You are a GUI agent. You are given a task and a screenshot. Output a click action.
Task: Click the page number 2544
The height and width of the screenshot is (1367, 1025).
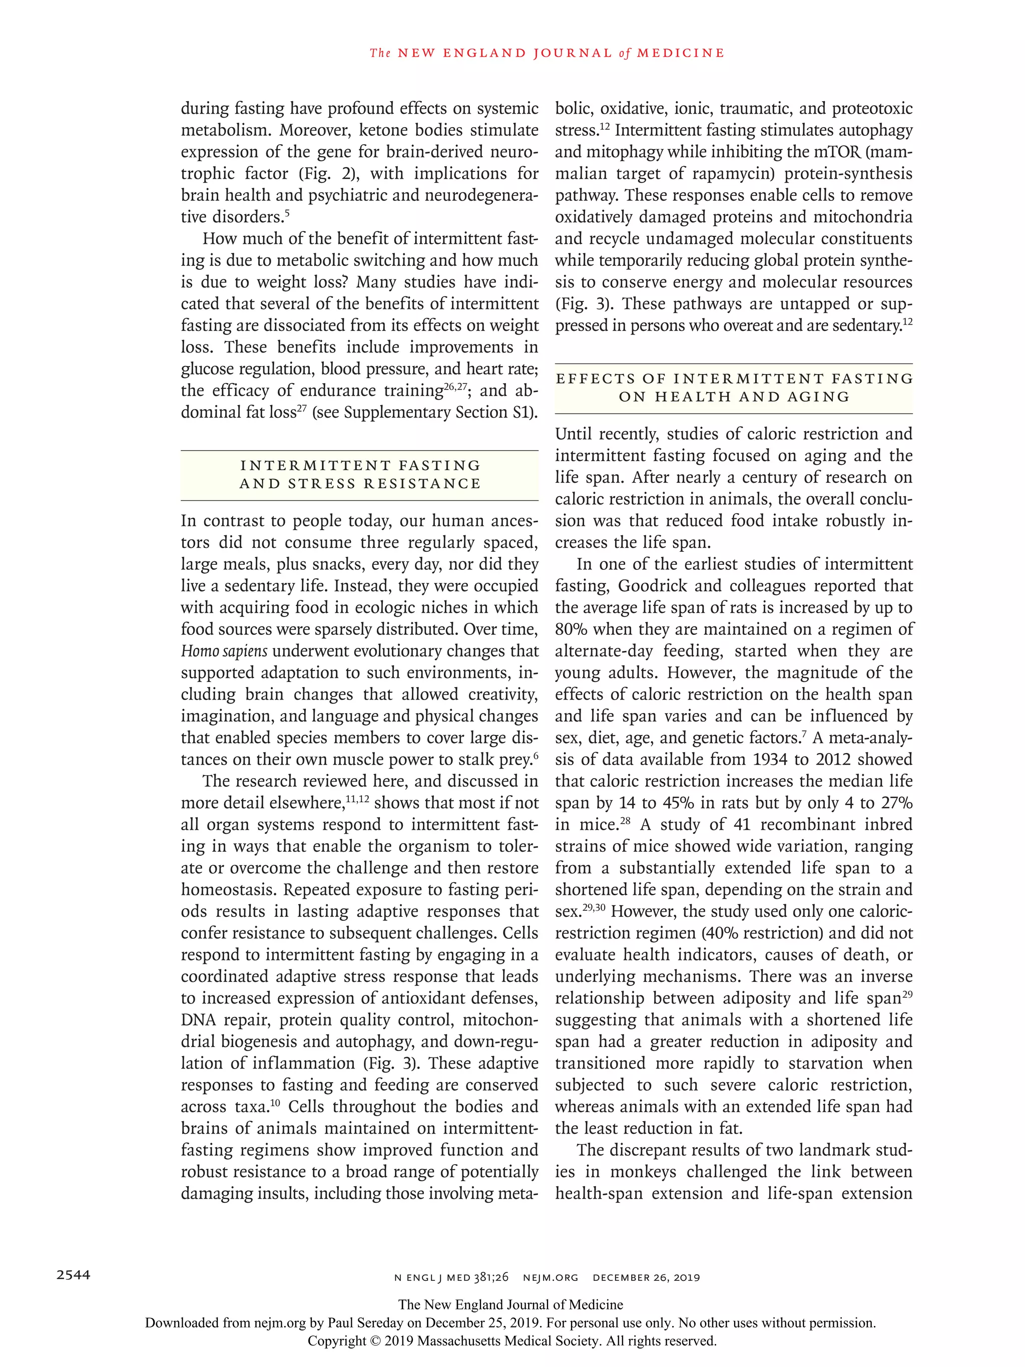tap(73, 1274)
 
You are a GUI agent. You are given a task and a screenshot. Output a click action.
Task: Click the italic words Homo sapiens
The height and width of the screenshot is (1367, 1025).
tap(224, 651)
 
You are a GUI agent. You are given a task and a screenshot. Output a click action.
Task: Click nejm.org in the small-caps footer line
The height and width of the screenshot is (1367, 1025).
tap(550, 1277)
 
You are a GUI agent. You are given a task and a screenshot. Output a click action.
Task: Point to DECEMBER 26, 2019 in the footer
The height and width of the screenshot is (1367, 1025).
tap(646, 1277)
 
